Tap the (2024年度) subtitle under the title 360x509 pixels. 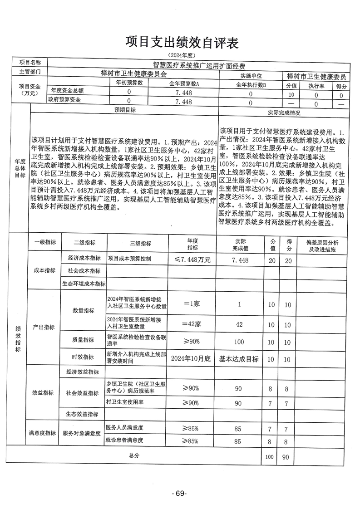click(x=181, y=55)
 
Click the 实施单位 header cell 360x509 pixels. click(x=251, y=75)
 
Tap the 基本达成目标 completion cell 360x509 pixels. click(x=239, y=359)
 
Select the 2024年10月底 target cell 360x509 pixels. click(x=191, y=359)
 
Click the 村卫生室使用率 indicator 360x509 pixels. click(x=124, y=402)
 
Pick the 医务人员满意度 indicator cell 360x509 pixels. click(x=124, y=428)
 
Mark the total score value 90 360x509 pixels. click(x=286, y=457)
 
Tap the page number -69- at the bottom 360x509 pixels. click(x=179, y=494)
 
